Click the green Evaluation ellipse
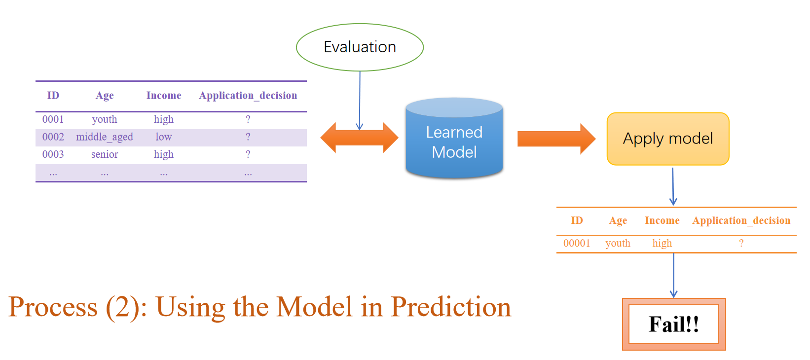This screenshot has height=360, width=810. coord(360,47)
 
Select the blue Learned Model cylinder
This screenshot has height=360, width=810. coord(454,141)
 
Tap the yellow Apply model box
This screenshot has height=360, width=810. coord(667,139)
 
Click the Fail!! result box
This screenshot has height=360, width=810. coord(673,324)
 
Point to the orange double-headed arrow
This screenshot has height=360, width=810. coord(359,138)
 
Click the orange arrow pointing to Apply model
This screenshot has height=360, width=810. coord(555,139)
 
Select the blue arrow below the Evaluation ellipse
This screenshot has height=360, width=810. coord(360,99)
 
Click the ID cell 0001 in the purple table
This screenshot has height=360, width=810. coord(53,119)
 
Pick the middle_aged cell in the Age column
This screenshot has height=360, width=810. coord(105,137)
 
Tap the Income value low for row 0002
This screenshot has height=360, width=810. coord(163,137)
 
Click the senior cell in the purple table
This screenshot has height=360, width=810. coord(105,154)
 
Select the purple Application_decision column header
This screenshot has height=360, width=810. coord(248,96)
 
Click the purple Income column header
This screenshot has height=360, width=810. coord(163,96)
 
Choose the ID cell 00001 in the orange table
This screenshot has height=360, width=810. coord(577,243)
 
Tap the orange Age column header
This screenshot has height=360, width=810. coord(618,221)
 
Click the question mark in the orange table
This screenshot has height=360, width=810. coord(741,243)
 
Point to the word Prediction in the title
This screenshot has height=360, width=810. coord(451,307)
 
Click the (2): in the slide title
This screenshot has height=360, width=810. coord(126,307)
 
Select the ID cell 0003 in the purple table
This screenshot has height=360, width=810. coord(53,154)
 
